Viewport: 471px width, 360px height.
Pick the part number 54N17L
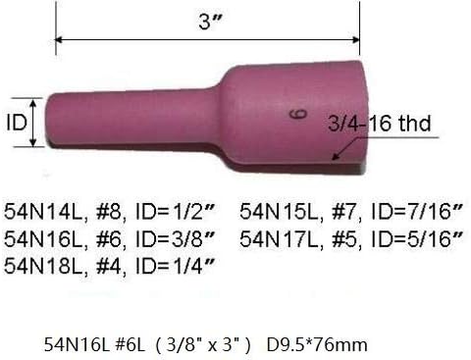271,237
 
